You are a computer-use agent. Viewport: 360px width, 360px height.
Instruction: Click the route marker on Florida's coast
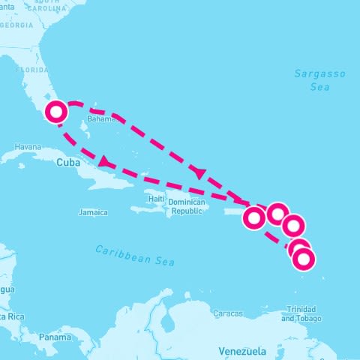[56, 112]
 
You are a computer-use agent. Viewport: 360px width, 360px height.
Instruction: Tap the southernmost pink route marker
[304, 259]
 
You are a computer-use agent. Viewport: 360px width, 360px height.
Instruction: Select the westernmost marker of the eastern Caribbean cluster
[253, 218]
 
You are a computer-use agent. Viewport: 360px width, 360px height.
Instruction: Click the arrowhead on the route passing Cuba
[104, 161]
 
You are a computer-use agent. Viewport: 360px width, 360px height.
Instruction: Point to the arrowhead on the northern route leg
[200, 172]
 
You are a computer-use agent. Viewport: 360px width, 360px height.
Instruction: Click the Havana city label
[27, 146]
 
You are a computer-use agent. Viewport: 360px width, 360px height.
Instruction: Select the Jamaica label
[93, 212]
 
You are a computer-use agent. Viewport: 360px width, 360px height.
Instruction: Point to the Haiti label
[155, 199]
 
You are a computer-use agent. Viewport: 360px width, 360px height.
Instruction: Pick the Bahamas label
[102, 118]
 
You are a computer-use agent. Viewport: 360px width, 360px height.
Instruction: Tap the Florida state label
[31, 70]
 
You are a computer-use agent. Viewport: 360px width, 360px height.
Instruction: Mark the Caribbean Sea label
[135, 255]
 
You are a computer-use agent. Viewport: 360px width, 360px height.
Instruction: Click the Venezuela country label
[241, 350]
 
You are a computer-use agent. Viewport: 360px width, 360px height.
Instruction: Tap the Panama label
[55, 337]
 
